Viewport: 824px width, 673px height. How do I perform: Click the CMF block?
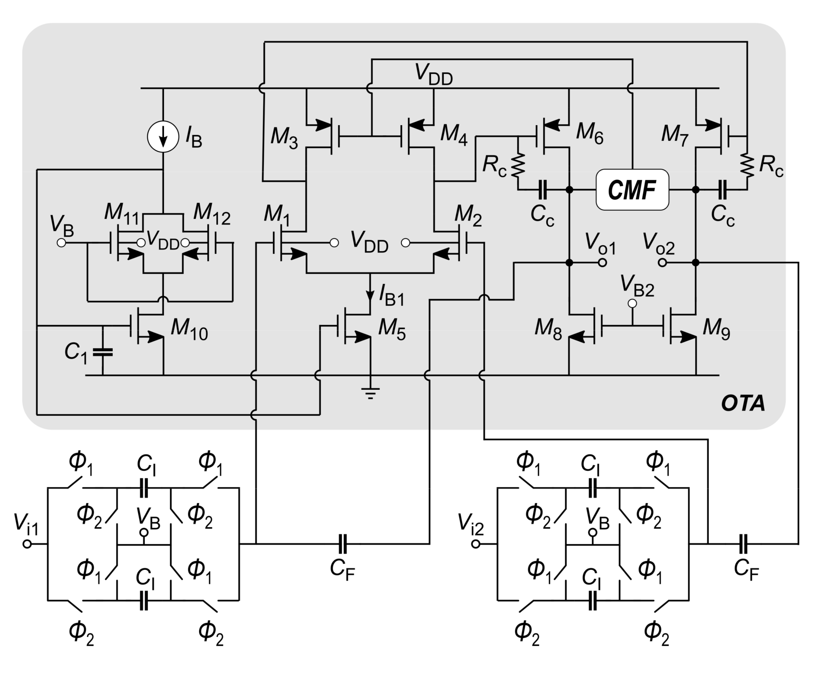[x=632, y=190]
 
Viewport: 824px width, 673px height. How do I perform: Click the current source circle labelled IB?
[x=163, y=137]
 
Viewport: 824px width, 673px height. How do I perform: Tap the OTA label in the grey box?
[x=743, y=403]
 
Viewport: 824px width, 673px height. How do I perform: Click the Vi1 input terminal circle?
[x=27, y=544]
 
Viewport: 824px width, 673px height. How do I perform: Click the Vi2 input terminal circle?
[x=476, y=544]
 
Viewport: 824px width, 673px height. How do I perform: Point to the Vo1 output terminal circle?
[x=602, y=263]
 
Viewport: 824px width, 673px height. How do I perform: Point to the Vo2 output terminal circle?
[x=662, y=263]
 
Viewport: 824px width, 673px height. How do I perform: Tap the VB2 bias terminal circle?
[x=632, y=303]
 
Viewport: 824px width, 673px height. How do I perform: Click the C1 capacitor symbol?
[x=103, y=352]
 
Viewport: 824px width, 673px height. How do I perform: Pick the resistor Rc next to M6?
[x=518, y=165]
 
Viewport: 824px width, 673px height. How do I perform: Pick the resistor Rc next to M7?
[x=747, y=165]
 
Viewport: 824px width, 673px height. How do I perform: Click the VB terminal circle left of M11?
[x=61, y=243]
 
